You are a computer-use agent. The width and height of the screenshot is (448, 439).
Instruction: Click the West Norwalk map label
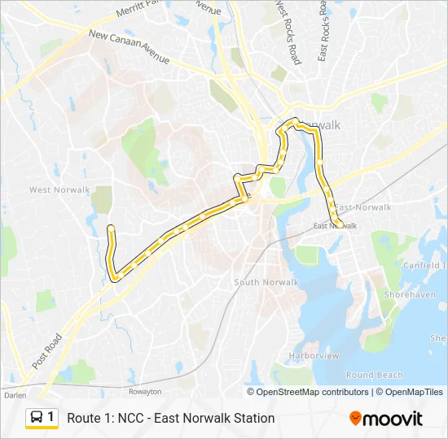[x=59, y=190]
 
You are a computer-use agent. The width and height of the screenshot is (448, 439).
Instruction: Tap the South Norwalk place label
[x=266, y=282]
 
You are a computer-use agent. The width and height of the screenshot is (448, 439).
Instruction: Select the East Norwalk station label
[x=336, y=225]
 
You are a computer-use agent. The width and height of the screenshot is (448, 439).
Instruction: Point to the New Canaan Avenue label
[x=130, y=48]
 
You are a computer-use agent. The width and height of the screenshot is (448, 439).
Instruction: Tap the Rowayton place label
[x=144, y=391]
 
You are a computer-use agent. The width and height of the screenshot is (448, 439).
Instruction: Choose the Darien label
[x=15, y=395]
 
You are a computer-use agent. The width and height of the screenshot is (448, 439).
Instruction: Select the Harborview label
[x=313, y=356]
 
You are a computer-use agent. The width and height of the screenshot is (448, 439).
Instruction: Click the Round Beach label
[x=374, y=376]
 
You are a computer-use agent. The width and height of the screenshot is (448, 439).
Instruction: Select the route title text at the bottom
[x=170, y=419]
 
